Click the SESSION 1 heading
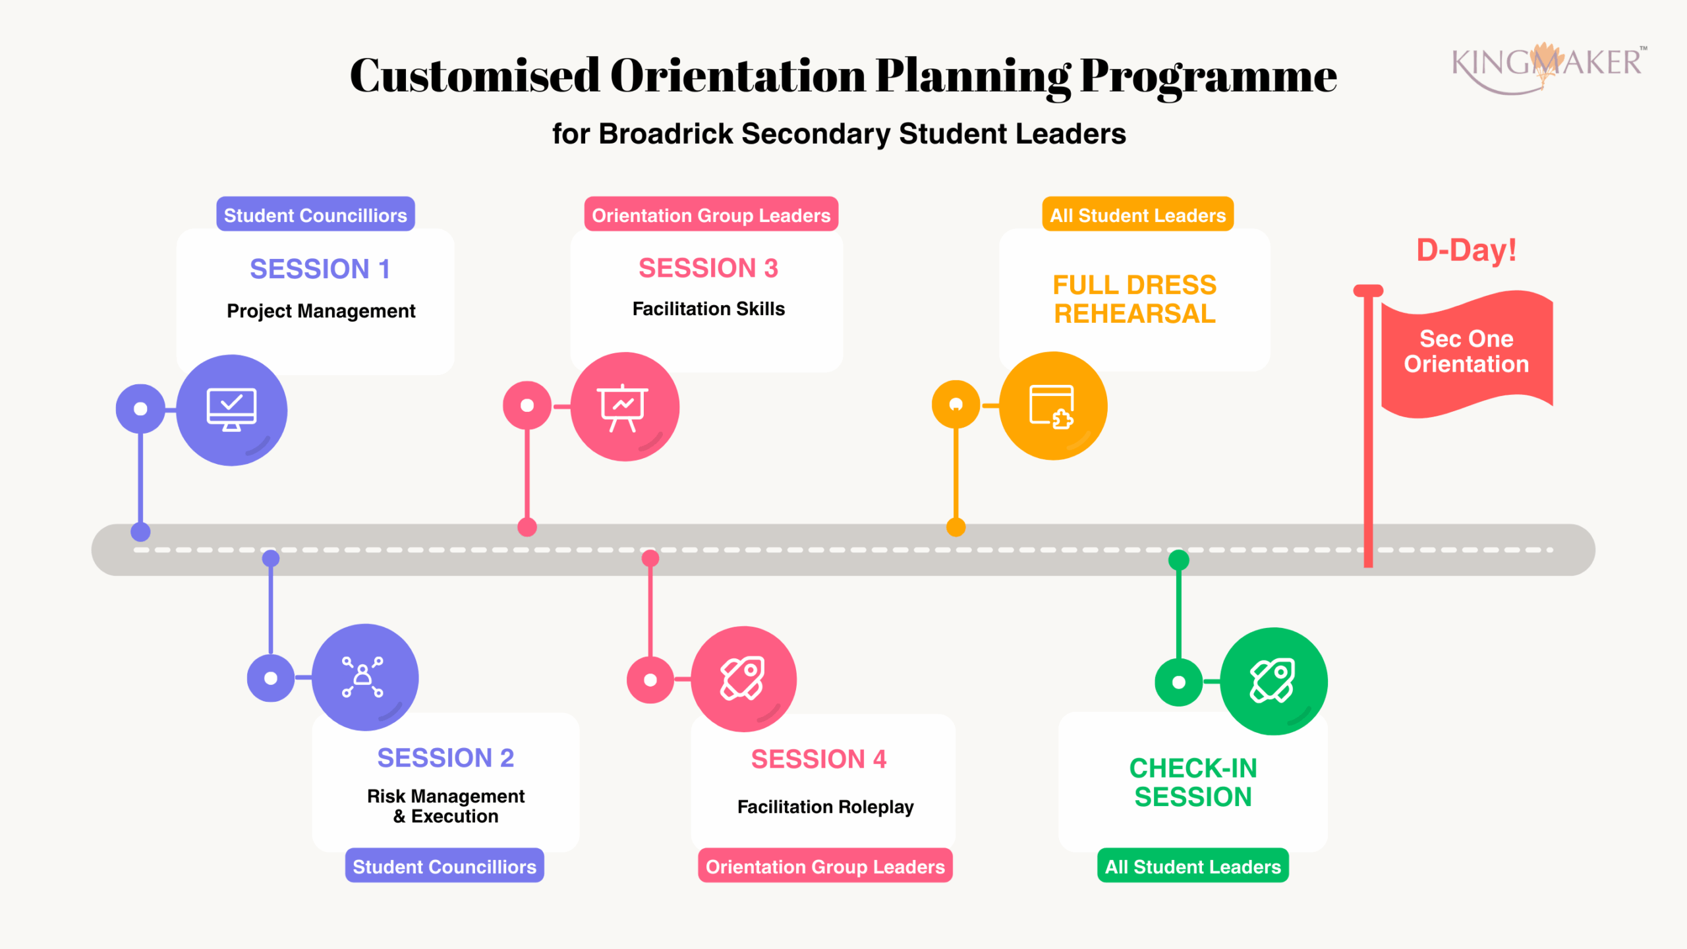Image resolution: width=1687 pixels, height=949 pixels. point(320,269)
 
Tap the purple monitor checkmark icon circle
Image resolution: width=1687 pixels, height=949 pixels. point(231,410)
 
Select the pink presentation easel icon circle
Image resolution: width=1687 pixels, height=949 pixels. point(624,407)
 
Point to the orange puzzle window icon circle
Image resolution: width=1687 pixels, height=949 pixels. point(1052,406)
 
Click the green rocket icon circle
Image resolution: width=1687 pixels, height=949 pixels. point(1273,681)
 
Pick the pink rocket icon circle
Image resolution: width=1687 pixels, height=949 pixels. point(743,679)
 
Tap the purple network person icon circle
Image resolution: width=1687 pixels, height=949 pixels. point(364,677)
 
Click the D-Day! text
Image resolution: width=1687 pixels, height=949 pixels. point(1466,250)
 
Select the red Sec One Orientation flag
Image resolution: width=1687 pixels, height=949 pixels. point(1466,353)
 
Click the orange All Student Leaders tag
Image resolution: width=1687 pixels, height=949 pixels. point(1137,215)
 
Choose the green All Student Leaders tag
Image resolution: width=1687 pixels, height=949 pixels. point(1193,866)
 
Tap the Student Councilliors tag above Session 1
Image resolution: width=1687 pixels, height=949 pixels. point(315,215)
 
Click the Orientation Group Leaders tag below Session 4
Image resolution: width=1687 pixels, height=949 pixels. point(825,866)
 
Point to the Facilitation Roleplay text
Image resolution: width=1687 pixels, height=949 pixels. point(825,807)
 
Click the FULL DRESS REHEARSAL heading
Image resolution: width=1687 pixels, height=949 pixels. point(1134,299)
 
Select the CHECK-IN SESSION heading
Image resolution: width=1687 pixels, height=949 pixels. point(1193,782)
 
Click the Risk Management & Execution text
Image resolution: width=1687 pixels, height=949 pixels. point(445,806)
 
